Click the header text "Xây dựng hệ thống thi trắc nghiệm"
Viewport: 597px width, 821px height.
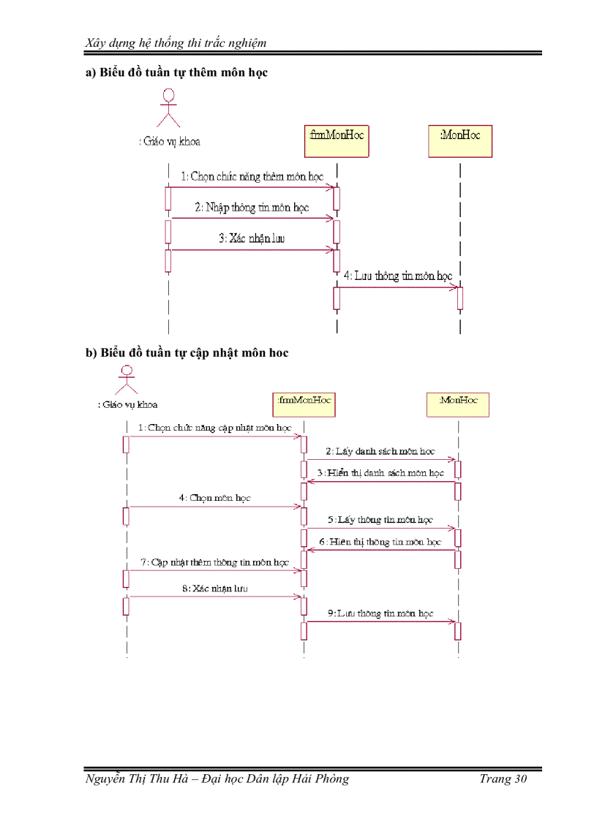point(176,42)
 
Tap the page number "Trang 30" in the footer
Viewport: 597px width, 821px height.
point(503,779)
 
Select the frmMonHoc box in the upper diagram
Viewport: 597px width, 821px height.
point(336,140)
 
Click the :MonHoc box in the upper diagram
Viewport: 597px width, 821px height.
point(460,140)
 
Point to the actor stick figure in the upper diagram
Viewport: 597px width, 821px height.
point(170,107)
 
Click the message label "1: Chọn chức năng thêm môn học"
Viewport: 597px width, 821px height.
point(252,177)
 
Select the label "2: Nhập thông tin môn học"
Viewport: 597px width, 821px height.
point(252,208)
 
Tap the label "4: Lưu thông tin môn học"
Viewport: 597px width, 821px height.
point(397,276)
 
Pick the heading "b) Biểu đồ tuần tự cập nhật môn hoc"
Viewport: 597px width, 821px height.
point(187,352)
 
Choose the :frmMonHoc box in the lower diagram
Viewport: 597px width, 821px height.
point(304,404)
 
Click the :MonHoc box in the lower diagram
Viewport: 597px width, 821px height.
point(458,404)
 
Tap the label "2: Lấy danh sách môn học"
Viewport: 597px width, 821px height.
point(380,452)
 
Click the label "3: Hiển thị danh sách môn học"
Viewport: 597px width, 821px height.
point(380,473)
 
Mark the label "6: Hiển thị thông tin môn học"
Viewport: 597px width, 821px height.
point(380,542)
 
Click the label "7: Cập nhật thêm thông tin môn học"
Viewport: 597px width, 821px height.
point(214,563)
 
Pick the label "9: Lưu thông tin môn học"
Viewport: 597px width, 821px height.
point(380,613)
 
